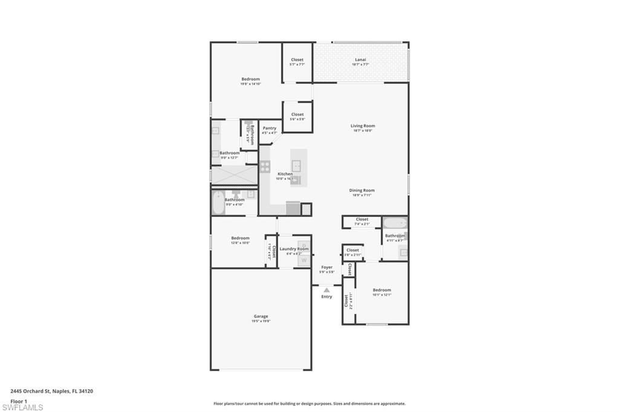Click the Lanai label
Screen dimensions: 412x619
(x=360, y=60)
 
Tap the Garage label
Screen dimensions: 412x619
(x=261, y=317)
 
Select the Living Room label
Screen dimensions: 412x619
(x=363, y=126)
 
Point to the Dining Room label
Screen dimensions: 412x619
(x=362, y=190)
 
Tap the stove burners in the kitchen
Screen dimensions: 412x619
(x=265, y=166)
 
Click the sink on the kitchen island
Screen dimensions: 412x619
(x=297, y=165)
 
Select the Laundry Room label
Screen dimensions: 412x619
(x=294, y=249)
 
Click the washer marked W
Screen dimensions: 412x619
(x=304, y=260)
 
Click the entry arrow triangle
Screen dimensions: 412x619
(x=326, y=290)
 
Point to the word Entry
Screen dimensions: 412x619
(x=326, y=297)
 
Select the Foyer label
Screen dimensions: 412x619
(x=327, y=267)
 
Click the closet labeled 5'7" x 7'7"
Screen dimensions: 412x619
(x=297, y=61)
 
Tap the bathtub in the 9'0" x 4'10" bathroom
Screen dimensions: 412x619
(x=218, y=203)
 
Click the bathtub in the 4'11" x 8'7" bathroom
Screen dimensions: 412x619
(x=394, y=223)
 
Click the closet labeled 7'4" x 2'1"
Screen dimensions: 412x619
(x=361, y=221)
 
